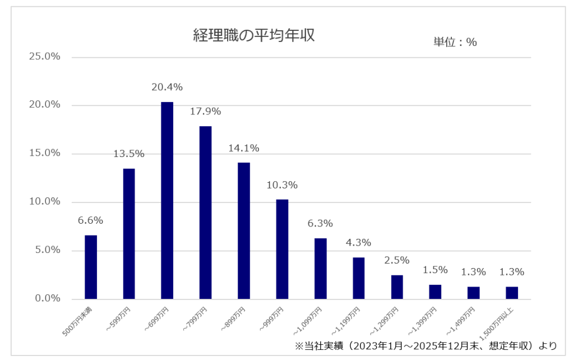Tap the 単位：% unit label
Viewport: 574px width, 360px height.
(455, 42)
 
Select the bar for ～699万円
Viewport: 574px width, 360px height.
(167, 200)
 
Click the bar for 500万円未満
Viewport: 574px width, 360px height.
(91, 267)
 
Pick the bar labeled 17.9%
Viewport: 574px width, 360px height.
(205, 213)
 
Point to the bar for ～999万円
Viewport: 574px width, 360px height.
(282, 249)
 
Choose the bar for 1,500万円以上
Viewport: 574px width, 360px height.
(512, 293)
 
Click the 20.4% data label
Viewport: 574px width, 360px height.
(167, 87)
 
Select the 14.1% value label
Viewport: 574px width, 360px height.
(244, 149)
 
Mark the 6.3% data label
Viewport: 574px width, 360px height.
(320, 224)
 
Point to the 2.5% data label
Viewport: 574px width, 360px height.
(397, 261)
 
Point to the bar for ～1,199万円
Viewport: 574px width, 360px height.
(359, 278)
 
